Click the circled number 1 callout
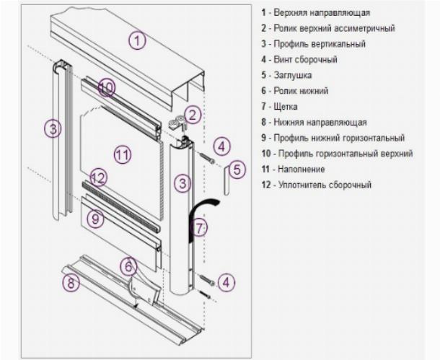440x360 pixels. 137,40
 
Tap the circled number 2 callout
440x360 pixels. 193,115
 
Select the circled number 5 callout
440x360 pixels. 237,170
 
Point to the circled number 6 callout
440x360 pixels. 128,265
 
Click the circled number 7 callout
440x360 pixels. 199,228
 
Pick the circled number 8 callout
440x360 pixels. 71,282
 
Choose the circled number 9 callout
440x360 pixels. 95,219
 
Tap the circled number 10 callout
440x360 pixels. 107,87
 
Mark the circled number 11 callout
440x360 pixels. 123,154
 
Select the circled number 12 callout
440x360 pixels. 99,177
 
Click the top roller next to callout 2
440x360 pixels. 176,124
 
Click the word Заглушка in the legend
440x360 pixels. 293,75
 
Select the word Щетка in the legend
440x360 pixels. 286,106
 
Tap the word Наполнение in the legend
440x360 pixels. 302,170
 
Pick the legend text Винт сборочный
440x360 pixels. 305,59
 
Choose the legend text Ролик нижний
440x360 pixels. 301,91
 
